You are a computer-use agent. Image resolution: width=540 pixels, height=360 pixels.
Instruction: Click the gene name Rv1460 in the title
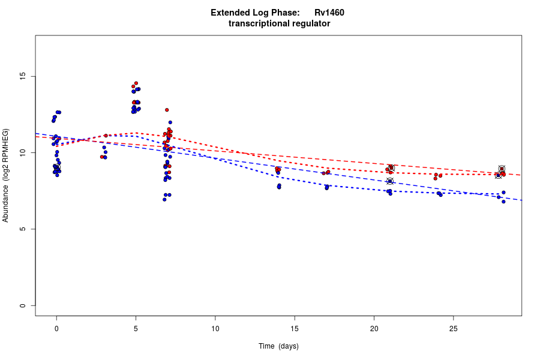(329, 13)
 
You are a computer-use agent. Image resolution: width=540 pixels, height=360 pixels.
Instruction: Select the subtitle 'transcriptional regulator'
(279, 24)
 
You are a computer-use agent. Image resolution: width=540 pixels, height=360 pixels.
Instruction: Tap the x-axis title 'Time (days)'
(278, 346)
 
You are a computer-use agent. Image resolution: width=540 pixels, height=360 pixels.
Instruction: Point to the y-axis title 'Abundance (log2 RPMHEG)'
(6, 175)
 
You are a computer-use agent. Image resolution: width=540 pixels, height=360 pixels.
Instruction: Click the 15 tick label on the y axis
(23, 76)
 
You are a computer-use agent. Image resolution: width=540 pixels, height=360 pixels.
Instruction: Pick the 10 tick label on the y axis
(23, 153)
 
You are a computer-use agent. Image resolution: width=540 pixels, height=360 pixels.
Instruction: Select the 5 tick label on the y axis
(23, 229)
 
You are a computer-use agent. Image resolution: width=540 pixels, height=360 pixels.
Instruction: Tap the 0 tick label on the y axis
(23, 305)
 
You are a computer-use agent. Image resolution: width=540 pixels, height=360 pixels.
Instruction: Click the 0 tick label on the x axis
(56, 328)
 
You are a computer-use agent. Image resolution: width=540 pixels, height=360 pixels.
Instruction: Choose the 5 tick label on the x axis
(136, 328)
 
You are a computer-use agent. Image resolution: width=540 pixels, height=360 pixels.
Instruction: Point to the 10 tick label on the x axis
(215, 328)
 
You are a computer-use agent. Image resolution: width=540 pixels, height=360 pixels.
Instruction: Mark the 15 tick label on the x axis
(295, 328)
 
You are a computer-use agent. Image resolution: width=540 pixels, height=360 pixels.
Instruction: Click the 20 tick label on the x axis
(374, 328)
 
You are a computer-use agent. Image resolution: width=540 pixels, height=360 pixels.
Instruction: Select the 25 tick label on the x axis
(453, 328)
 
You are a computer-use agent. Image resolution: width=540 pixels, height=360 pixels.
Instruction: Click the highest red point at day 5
(136, 83)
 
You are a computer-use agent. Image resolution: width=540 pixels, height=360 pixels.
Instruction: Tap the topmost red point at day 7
(167, 110)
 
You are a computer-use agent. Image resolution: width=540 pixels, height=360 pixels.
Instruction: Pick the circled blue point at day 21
(390, 181)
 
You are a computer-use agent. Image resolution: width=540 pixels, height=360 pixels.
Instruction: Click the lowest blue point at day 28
(503, 202)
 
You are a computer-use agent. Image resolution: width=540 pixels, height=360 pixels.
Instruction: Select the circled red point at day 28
(502, 169)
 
